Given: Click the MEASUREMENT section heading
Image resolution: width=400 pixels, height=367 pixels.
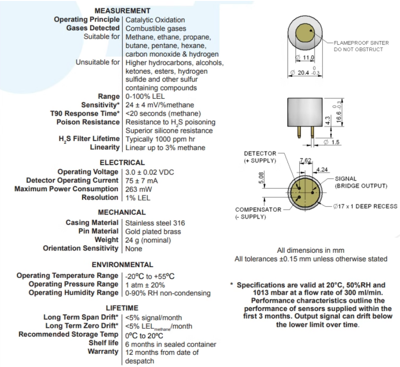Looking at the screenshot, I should point(122,11).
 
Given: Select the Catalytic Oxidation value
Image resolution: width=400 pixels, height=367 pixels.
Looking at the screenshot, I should point(155,20).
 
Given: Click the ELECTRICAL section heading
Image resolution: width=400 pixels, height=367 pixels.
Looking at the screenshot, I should point(122,163).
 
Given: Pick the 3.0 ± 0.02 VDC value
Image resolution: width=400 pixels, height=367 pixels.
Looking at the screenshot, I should point(149,172).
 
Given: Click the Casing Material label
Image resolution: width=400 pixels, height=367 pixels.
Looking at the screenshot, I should point(92,223).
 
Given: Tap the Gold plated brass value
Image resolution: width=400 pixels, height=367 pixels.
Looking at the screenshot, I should point(153,231).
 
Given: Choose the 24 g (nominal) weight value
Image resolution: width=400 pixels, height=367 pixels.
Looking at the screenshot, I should point(148,240).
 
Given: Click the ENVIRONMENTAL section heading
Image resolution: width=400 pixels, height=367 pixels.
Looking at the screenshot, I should point(122,265).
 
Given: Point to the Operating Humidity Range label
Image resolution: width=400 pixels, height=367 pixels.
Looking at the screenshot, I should point(73,293).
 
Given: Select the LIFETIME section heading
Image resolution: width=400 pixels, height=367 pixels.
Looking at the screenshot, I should point(122,308).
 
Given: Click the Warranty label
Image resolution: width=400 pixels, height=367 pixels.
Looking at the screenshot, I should point(103,351).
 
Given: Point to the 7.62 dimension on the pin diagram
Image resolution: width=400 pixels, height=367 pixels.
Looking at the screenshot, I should point(305,160).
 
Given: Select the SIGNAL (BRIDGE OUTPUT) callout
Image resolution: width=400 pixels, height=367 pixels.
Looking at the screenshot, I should point(361,182).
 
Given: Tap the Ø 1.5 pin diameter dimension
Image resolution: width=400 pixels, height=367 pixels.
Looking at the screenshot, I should point(332,142).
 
